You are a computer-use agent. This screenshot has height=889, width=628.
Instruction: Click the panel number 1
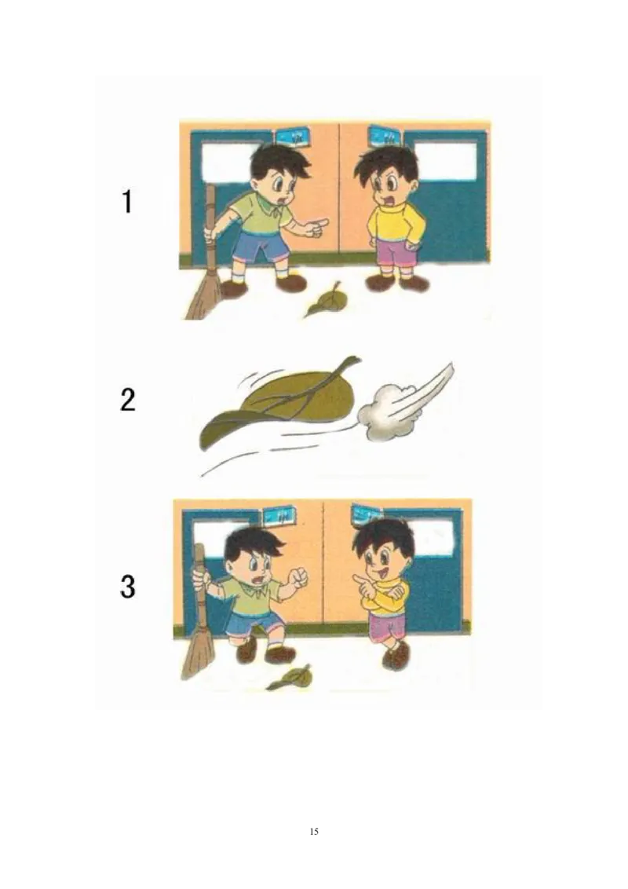tap(127, 203)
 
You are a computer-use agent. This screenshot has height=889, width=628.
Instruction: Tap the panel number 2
tap(127, 401)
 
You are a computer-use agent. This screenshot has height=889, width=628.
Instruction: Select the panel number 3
tap(127, 587)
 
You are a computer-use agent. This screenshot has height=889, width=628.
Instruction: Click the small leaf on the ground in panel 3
tap(290, 678)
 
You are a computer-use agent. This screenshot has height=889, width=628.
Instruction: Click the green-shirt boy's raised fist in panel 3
tap(298, 580)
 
